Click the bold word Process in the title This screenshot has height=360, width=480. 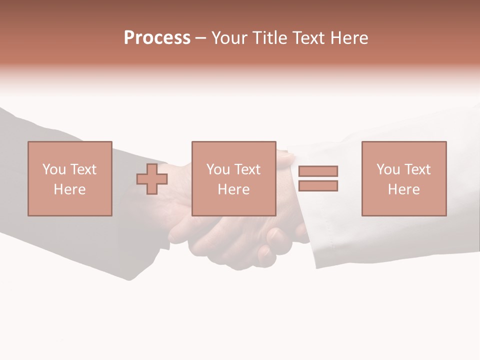pyautogui.click(x=157, y=38)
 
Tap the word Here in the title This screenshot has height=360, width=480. pyautogui.click(x=348, y=38)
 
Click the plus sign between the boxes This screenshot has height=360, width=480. pyautogui.click(x=152, y=179)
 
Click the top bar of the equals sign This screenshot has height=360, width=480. pyautogui.click(x=318, y=171)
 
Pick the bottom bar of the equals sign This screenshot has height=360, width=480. pyautogui.click(x=318, y=185)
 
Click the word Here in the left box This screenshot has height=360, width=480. pyautogui.click(x=69, y=189)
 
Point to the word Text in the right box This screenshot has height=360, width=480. pyautogui.click(x=417, y=169)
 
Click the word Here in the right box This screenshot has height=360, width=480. pyautogui.click(x=403, y=189)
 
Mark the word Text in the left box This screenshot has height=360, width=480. pyautogui.click(x=83, y=169)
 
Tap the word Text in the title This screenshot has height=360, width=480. pyautogui.click(x=307, y=38)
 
